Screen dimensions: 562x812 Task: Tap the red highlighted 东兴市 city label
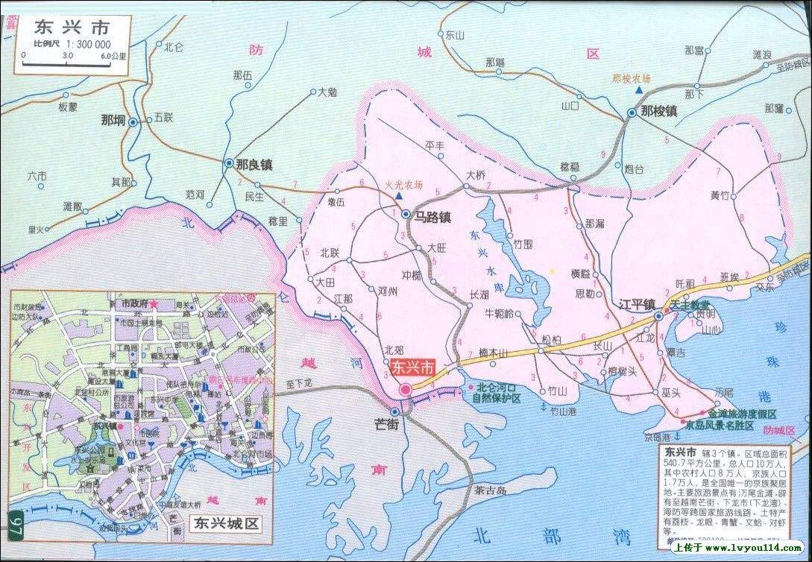412,367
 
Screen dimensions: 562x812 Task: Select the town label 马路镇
433,216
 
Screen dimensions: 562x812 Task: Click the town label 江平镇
636,304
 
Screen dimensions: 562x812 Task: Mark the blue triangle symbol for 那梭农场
639,90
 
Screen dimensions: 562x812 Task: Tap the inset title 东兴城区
225,524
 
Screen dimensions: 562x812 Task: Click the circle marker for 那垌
133,121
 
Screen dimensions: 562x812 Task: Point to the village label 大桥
475,175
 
